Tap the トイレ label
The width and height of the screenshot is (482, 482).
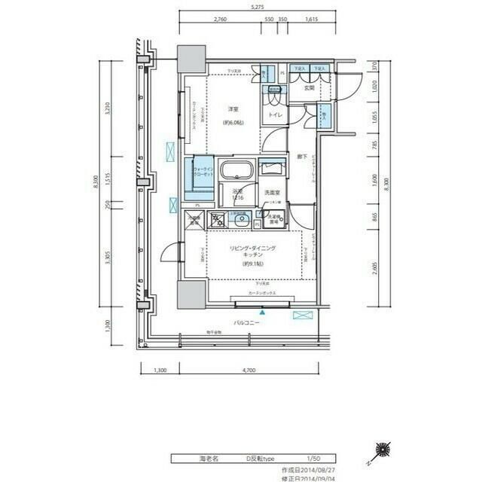tap(270, 115)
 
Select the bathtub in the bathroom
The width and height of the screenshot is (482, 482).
tap(236, 170)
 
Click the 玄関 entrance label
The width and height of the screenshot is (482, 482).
tap(309, 88)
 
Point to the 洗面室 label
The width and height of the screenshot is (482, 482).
tap(271, 193)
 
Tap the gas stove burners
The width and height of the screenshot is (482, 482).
tap(217, 221)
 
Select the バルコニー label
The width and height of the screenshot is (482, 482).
tap(246, 322)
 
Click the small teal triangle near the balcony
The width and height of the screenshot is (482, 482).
tap(262, 311)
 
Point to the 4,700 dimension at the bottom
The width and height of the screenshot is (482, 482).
tap(249, 371)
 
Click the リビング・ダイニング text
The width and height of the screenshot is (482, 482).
tap(252, 248)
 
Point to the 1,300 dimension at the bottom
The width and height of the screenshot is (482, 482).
tap(160, 371)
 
